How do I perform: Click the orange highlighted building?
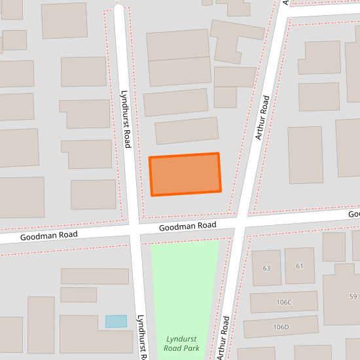[x=185, y=174]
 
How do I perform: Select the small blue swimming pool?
[x=116, y=321]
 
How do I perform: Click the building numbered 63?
[x=266, y=267]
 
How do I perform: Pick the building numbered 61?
[x=300, y=266]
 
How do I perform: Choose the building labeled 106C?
[x=283, y=302]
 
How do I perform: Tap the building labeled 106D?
[x=281, y=326]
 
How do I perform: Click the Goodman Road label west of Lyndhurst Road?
[x=49, y=235]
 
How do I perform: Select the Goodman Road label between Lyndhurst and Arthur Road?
[x=188, y=225]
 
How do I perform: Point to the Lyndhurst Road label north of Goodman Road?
[x=127, y=119]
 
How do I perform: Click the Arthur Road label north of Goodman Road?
[x=261, y=118]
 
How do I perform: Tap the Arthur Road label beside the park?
[x=223, y=337]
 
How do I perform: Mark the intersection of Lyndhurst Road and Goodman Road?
[x=134, y=230]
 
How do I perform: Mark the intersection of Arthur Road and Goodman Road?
[x=240, y=223]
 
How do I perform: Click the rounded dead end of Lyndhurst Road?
[x=118, y=9]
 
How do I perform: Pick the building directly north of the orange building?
[x=187, y=130]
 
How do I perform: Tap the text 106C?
[x=283, y=302]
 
